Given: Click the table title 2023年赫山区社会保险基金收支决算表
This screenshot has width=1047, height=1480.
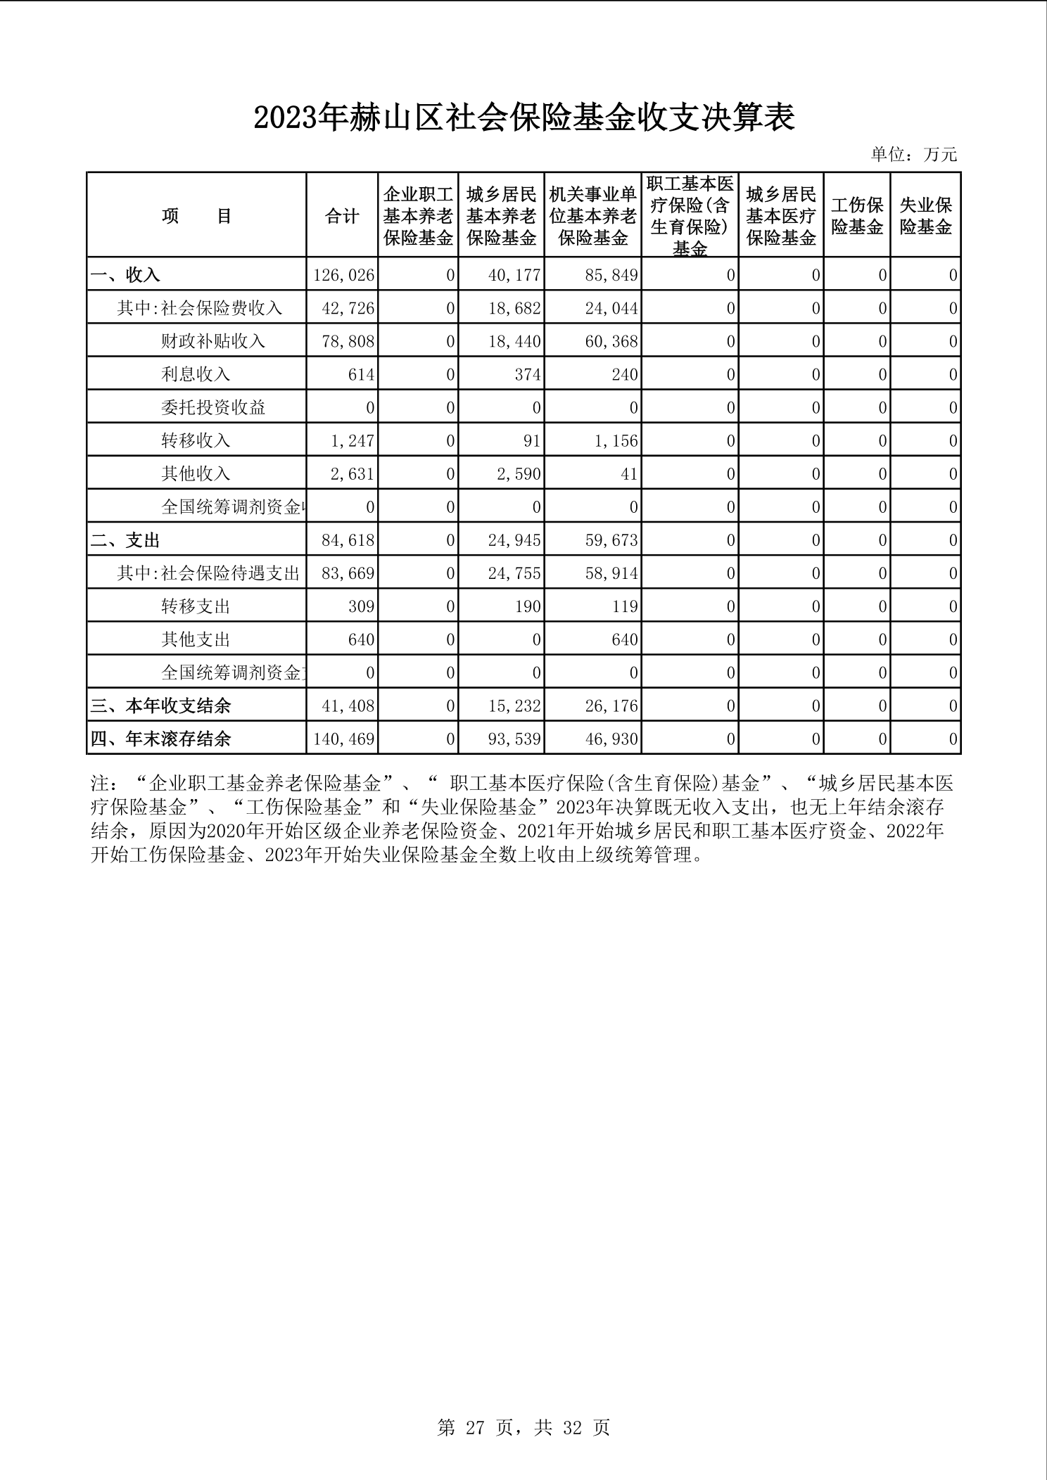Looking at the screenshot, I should coord(523,118).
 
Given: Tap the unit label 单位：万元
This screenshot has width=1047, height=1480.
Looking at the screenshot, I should coord(913,155).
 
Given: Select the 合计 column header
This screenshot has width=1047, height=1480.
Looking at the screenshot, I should coord(342,216).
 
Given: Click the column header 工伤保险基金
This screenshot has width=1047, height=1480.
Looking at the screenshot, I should coord(856,216).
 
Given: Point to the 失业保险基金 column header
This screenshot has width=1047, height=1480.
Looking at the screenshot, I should coord(925,216).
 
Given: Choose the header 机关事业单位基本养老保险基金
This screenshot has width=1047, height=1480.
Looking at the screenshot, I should coord(592,216).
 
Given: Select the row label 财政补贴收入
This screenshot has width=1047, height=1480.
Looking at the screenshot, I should coord(212,341).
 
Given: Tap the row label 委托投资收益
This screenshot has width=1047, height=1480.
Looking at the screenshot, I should coord(212,407).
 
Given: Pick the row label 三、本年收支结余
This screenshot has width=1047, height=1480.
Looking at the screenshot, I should coord(161,706).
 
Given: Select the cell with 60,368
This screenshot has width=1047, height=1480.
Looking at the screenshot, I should coord(611,341).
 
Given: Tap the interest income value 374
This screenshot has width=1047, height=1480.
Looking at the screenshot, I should coord(527,374).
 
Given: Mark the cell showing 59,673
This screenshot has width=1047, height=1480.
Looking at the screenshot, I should coord(611,540).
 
